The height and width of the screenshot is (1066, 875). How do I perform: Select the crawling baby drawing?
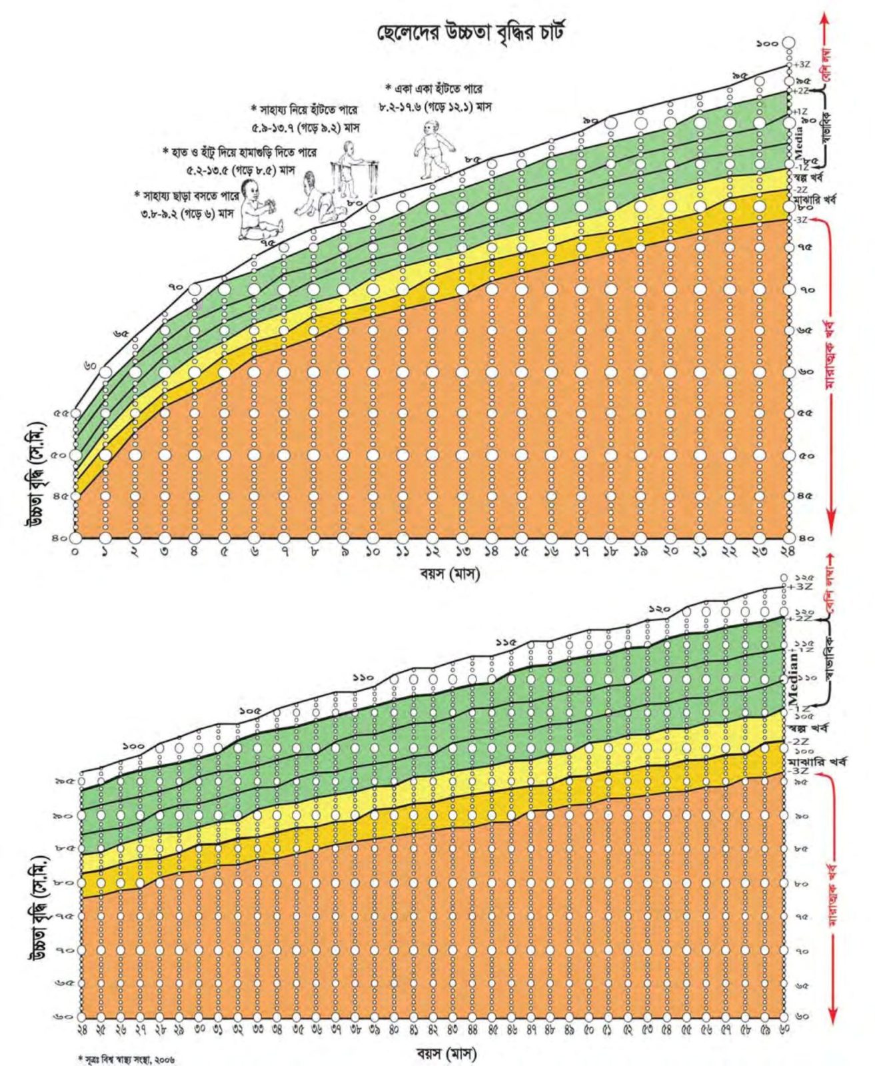[319, 198]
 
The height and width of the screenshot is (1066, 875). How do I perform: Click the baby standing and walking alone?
[433, 148]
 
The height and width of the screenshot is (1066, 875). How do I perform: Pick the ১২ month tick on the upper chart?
[433, 552]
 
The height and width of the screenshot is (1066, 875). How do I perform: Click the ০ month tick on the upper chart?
[75, 552]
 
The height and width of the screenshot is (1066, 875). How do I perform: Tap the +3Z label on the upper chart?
[802, 65]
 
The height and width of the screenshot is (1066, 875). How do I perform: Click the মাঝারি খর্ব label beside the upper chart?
[816, 199]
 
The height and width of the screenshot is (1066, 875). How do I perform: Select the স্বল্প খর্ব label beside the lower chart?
[808, 728]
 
